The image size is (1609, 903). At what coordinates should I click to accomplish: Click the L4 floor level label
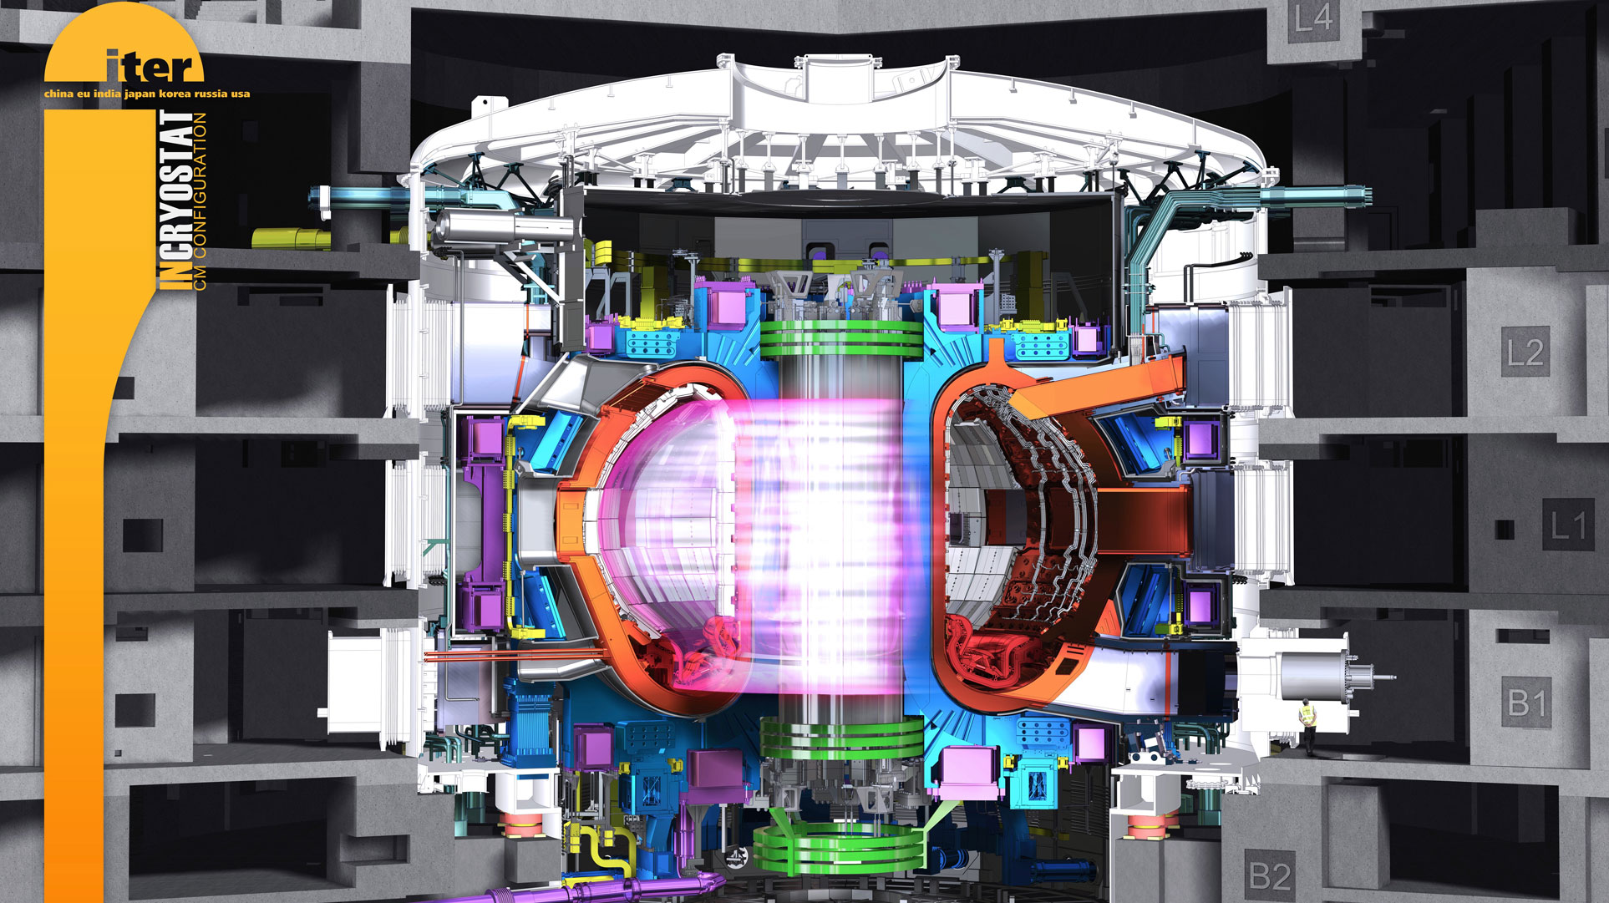click(1313, 18)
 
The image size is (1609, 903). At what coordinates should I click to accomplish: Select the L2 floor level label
click(1525, 352)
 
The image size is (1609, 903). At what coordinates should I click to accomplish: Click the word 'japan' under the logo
click(140, 94)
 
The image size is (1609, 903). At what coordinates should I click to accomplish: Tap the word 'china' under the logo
click(58, 94)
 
